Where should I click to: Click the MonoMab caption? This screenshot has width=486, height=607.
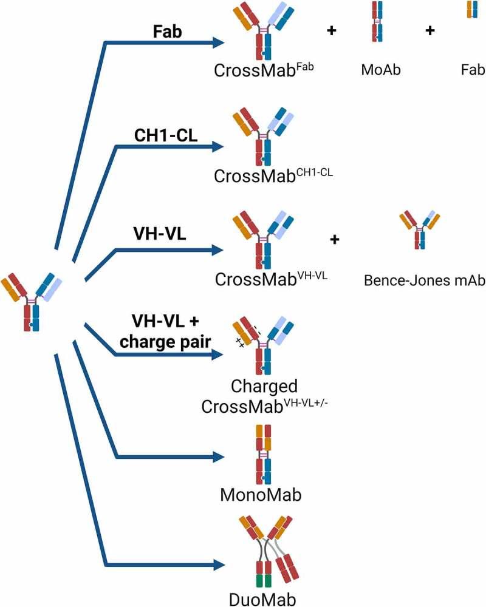pyautogui.click(x=262, y=495)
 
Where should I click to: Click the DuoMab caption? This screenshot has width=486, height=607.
pyautogui.click(x=262, y=598)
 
